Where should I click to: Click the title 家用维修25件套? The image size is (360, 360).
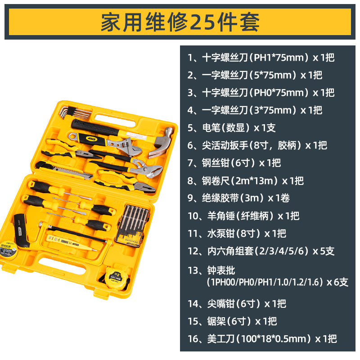[x=180, y=22]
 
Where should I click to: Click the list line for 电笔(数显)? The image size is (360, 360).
[x=231, y=128]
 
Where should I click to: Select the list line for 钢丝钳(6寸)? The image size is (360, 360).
[x=234, y=163]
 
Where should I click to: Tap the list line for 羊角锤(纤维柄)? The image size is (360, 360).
[x=243, y=216]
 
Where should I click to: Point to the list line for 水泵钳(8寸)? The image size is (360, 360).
[x=237, y=234]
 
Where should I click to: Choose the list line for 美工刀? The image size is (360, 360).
[x=262, y=339]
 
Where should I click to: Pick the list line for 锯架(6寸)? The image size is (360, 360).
[x=232, y=321]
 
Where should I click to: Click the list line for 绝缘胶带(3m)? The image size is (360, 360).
[x=238, y=198]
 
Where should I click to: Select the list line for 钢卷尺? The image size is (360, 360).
[x=245, y=181]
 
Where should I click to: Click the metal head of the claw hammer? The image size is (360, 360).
[x=162, y=142]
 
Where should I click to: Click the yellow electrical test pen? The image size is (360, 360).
[x=71, y=243]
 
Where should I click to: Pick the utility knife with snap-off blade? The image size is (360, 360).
[x=64, y=170]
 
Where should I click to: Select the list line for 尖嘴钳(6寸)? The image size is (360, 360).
[x=237, y=303]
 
